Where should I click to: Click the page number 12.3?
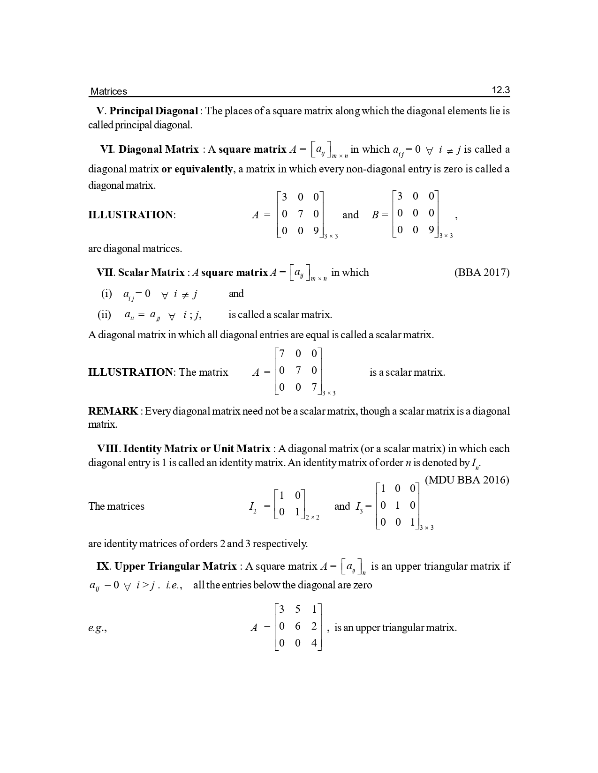[500, 90]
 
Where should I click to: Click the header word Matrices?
[108, 91]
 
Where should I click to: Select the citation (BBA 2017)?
[482, 273]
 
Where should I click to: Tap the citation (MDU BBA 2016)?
[467, 480]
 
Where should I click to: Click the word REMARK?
[113, 411]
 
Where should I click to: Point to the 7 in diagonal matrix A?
[300, 214]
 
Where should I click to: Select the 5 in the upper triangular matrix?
[298, 609]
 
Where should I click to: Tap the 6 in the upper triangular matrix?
[298, 626]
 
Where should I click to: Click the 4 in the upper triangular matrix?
[314, 643]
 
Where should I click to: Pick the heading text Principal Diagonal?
[154, 111]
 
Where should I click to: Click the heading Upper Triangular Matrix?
[175, 566]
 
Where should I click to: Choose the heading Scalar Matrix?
[151, 273]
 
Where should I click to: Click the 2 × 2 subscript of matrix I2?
[312, 518]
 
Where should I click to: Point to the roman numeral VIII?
[109, 449]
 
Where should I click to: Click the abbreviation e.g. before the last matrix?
[97, 628]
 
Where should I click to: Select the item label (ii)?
[104, 315]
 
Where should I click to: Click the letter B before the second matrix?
[375, 215]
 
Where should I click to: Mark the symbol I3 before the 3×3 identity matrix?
[359, 507]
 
